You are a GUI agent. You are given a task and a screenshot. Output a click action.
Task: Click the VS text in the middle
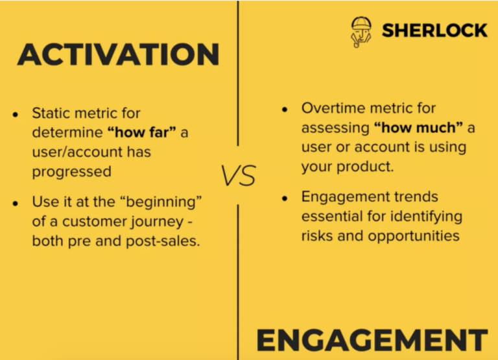point(238,176)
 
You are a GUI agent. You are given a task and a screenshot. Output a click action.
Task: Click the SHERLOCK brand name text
point(434,30)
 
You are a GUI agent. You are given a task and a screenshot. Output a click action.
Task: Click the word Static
point(54,114)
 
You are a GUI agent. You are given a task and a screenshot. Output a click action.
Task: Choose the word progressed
point(71,172)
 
